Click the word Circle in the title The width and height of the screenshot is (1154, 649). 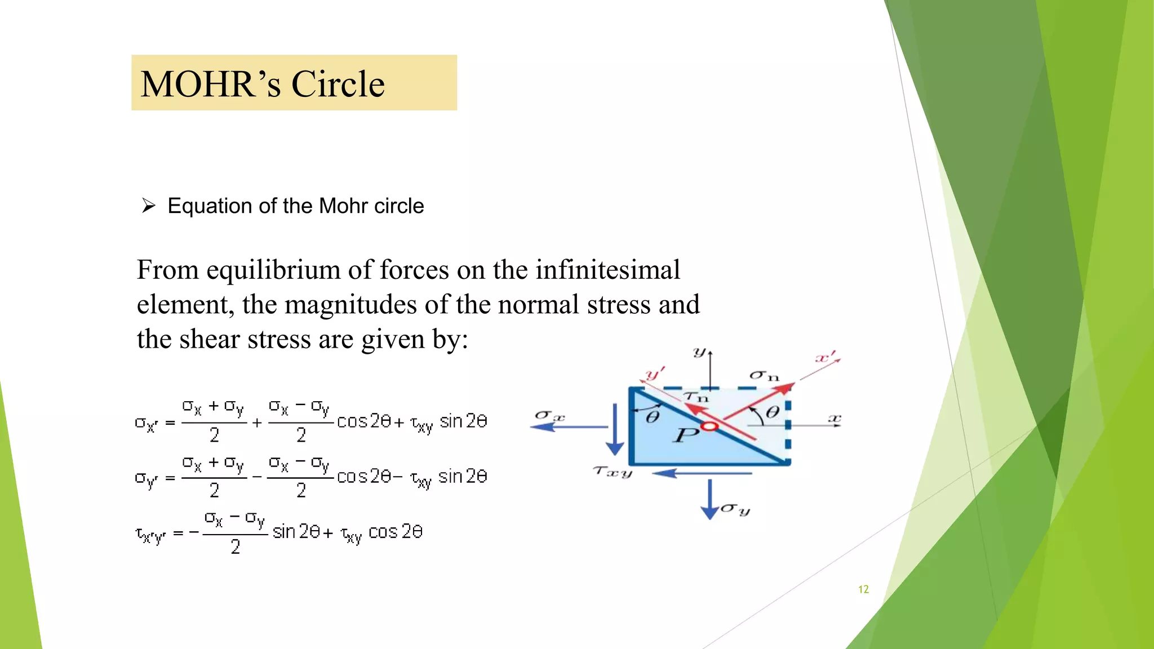click(338, 85)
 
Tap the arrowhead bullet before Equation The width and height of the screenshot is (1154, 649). click(149, 206)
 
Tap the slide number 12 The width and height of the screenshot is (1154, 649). click(863, 589)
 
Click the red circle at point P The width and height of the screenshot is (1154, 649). click(709, 426)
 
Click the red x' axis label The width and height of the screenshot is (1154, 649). click(826, 358)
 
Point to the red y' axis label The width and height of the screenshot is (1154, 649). click(655, 373)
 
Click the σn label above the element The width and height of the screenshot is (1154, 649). click(764, 376)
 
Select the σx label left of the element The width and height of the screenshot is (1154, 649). click(549, 416)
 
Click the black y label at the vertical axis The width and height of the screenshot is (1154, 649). click(699, 353)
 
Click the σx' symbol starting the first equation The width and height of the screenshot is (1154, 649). click(145, 424)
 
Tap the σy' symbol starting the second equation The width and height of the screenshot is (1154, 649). click(145, 479)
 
